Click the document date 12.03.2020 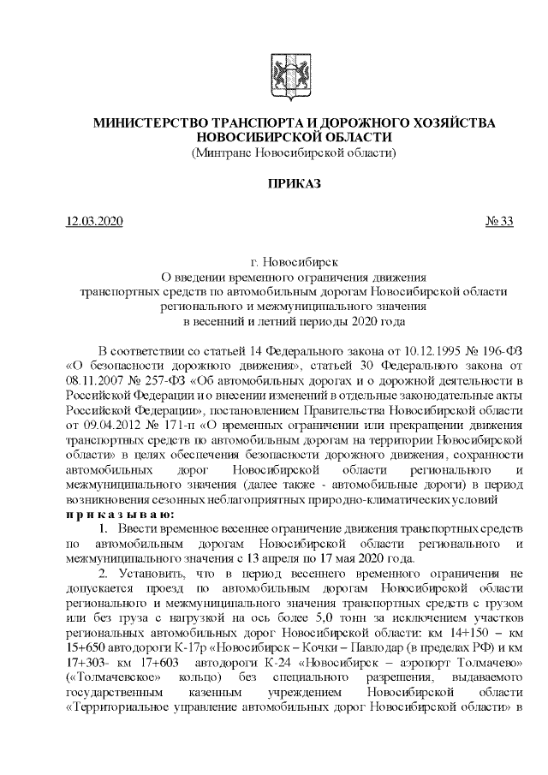[x=94, y=222]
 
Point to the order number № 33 [x=499, y=222]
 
